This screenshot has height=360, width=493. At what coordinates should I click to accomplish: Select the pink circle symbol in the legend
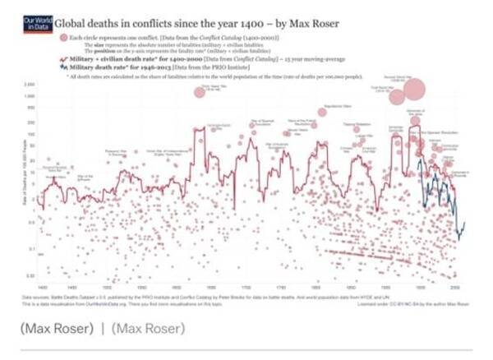62,38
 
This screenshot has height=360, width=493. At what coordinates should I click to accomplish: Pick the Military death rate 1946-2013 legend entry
123,67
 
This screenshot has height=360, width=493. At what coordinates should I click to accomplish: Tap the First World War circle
397,97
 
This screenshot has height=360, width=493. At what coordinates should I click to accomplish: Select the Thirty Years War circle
200,90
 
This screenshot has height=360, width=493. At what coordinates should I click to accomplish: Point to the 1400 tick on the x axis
41,288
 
